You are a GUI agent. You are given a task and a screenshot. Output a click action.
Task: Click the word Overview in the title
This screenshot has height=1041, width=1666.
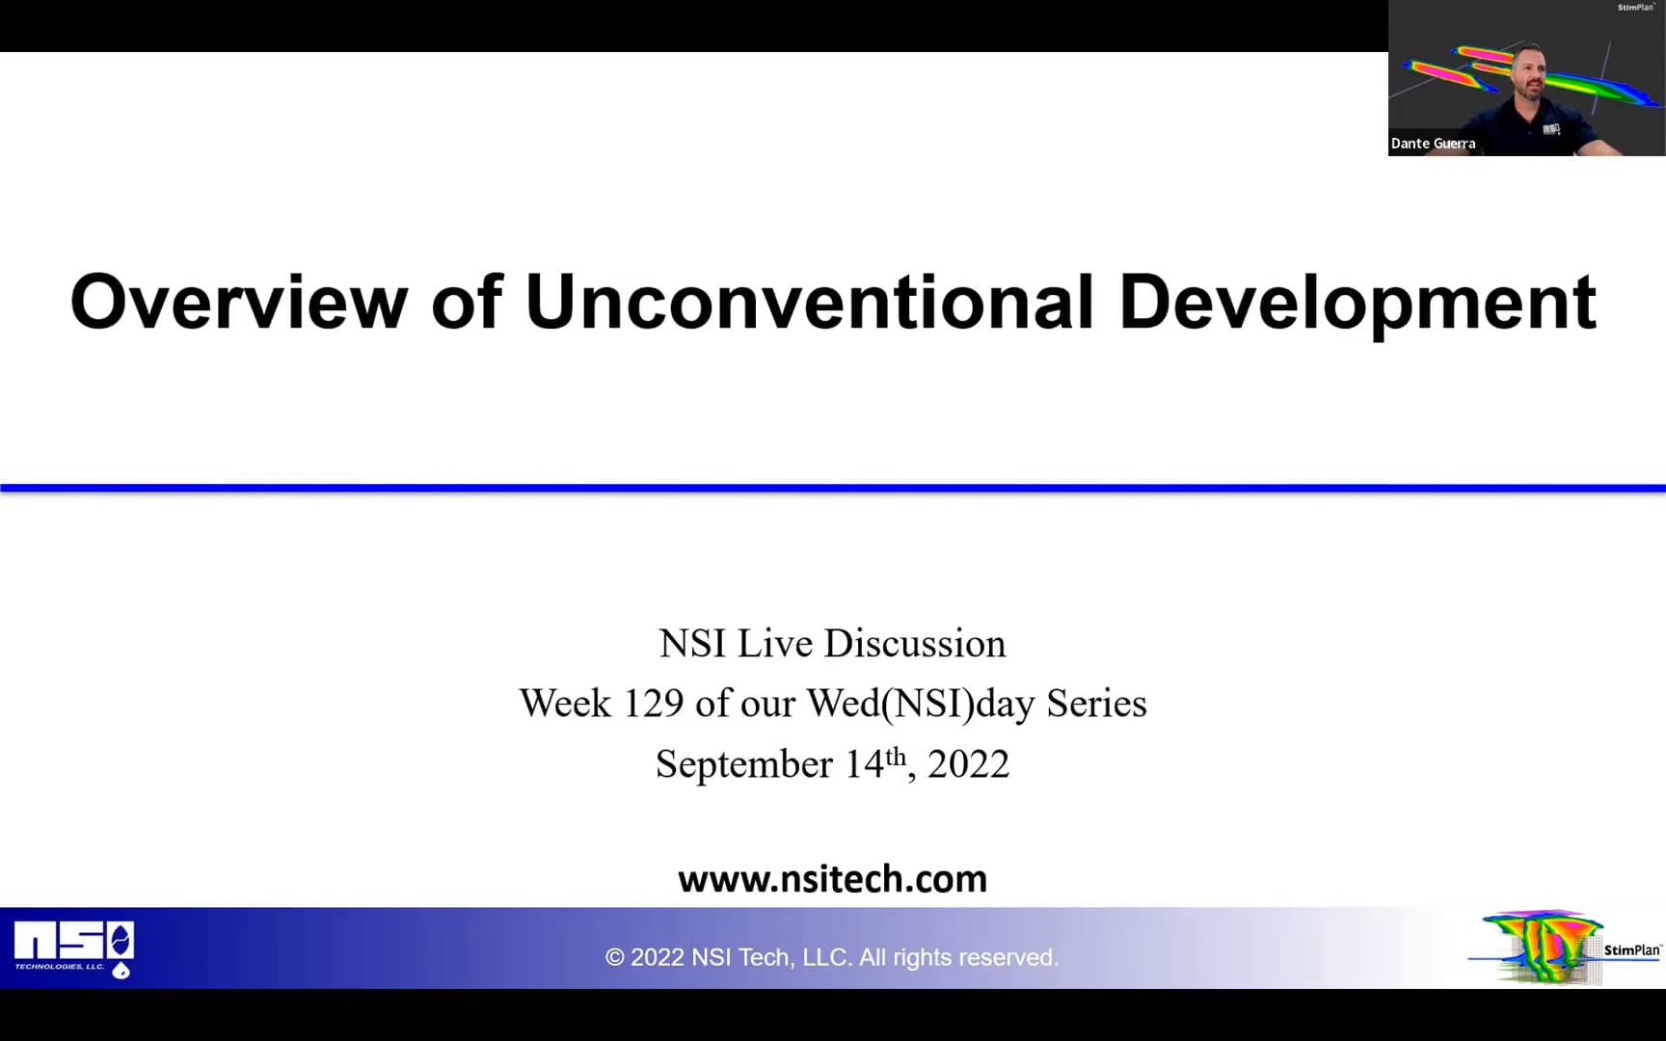tap(239, 302)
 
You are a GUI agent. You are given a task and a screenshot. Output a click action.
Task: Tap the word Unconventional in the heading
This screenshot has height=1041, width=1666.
tap(809, 302)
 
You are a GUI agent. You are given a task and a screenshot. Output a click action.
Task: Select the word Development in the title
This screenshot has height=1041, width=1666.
tap(1357, 302)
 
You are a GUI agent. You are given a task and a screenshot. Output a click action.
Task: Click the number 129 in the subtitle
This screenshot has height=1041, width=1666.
tap(654, 704)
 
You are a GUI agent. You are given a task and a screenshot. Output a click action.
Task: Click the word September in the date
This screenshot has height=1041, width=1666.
tap(743, 764)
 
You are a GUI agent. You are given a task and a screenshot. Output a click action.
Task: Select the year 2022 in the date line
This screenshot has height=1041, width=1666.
tap(968, 764)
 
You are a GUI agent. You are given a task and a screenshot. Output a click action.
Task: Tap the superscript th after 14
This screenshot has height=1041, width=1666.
tap(896, 755)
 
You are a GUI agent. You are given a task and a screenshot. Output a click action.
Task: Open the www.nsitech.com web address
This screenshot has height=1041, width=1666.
tap(832, 879)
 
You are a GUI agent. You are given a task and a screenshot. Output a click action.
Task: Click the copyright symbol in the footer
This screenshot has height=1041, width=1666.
tap(614, 957)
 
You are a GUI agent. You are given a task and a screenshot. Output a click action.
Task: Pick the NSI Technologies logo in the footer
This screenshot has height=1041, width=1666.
tap(74, 948)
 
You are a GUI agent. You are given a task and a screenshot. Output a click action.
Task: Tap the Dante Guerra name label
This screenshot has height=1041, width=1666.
tap(1433, 144)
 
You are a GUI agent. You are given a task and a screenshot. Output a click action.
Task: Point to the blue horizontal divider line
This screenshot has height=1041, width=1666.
tap(833, 489)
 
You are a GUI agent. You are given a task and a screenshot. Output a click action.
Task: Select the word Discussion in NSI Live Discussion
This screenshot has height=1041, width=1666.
tap(914, 644)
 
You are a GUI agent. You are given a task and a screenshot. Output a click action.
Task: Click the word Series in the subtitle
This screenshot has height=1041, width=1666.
tap(1096, 704)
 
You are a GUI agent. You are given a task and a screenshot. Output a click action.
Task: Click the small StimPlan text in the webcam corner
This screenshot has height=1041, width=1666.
tap(1635, 8)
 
